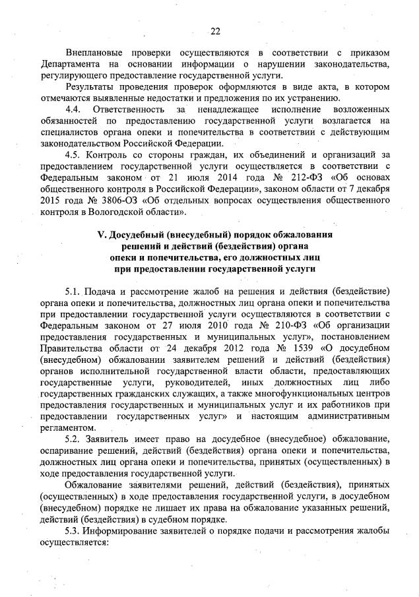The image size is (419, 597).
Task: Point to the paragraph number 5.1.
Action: [74, 292]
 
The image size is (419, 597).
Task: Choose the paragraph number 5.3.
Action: [74, 531]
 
